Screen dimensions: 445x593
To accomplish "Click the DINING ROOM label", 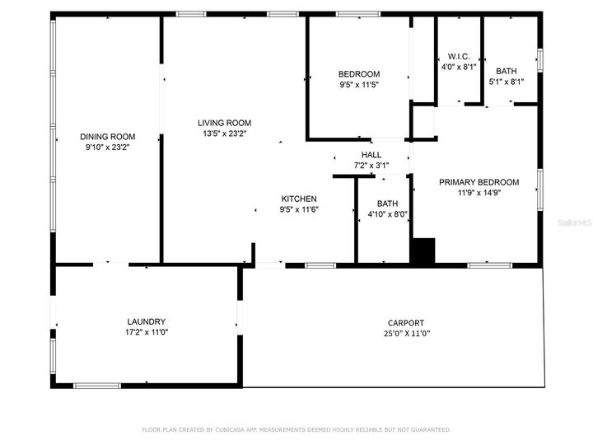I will pos(107,137).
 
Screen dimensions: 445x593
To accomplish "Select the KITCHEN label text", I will pos(299,199).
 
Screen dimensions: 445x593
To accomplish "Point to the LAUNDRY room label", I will pos(147,322).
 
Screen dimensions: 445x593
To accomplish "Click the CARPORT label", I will pos(406,323).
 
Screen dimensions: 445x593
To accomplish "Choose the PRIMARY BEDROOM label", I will pos(479,182).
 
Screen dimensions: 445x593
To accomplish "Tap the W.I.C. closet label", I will pos(458,56).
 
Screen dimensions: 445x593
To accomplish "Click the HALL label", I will pos(371,155).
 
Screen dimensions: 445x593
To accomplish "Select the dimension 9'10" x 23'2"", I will pos(107,148).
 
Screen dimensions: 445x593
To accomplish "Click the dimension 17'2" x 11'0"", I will pos(147,333).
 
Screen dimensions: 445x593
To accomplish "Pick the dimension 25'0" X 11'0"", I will pos(406,334).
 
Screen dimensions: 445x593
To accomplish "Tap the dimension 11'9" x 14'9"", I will pos(479,193).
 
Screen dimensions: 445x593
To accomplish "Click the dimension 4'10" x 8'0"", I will pos(387,215).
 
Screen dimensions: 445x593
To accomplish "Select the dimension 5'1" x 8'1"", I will pos(507,82).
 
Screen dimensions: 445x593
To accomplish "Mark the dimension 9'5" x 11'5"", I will pos(359,84).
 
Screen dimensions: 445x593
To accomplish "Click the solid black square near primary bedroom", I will pos(423,251).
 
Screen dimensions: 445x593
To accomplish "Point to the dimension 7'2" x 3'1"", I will pos(371,166).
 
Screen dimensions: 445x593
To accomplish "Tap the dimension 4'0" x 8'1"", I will pos(458,67).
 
